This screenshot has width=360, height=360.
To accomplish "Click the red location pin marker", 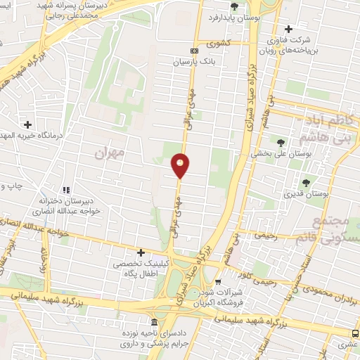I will pos(180,165).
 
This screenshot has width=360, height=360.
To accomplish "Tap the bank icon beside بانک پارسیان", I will pos(195,51).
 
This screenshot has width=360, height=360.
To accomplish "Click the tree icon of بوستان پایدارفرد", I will pos(234,6).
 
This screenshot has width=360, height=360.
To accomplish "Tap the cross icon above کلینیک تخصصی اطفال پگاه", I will pos(141,252).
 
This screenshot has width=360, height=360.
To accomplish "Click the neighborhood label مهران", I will pos(110,152).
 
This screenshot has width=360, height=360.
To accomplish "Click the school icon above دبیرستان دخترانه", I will pos(67,190).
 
